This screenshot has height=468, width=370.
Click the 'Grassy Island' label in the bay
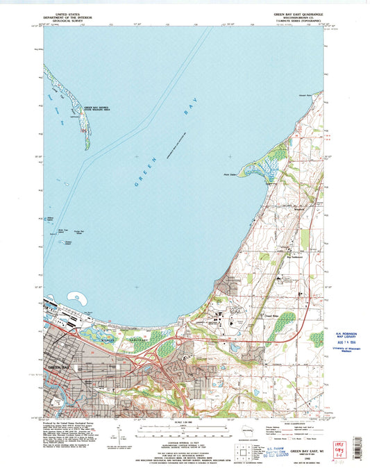pyautogui.click(x=69, y=242)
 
